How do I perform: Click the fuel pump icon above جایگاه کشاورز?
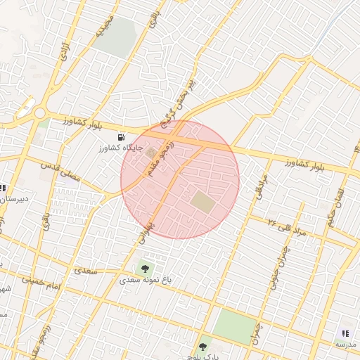click(122, 136)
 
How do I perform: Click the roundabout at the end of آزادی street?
click(39, 113)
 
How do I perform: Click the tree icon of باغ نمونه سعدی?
click(145, 268)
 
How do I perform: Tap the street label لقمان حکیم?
click(336, 205)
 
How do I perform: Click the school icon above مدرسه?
click(345, 333)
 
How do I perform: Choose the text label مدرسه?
click(347, 344)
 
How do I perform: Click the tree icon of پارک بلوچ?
click(203, 346)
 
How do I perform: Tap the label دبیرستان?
click(13, 199)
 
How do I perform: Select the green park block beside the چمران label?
click(234, 326)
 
